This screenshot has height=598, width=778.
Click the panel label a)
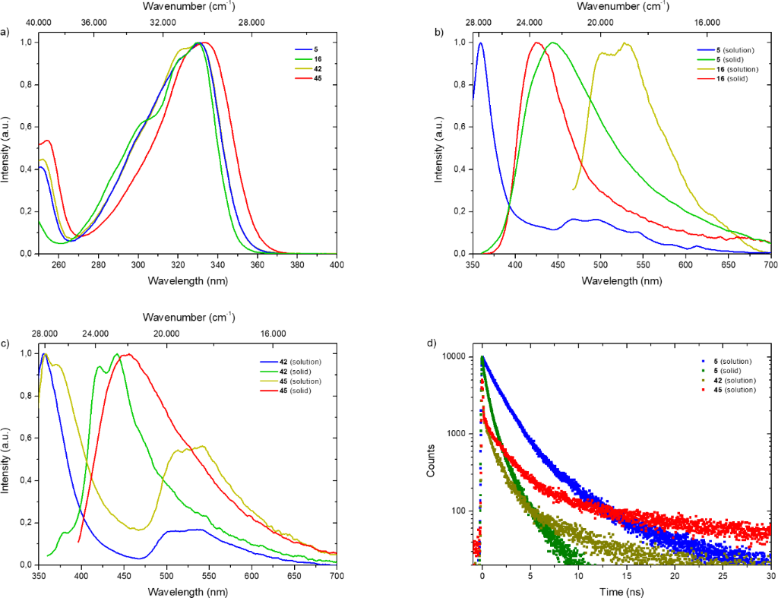6,32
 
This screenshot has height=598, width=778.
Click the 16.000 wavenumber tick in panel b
707,23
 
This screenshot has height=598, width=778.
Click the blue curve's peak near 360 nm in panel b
480,43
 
